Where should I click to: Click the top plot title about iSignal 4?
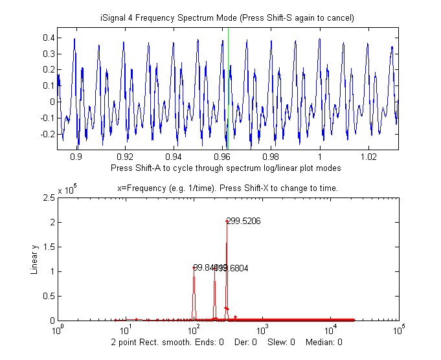[227, 17]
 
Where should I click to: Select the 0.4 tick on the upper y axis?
[47, 38]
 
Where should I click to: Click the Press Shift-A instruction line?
[226, 168]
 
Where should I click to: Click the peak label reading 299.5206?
[243, 221]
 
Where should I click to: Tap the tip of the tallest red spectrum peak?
[227, 221]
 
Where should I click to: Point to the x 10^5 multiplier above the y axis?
[68, 190]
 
